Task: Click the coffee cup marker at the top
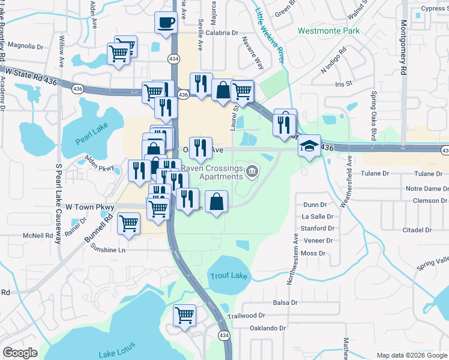click(166, 23)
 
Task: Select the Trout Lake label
click(228, 275)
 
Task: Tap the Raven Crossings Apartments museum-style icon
click(252, 173)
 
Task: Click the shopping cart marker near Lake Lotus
click(185, 314)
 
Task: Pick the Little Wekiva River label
click(270, 36)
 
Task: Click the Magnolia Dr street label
click(24, 46)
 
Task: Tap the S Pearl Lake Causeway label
click(59, 204)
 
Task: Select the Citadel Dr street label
click(417, 230)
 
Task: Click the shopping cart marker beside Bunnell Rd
click(129, 223)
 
